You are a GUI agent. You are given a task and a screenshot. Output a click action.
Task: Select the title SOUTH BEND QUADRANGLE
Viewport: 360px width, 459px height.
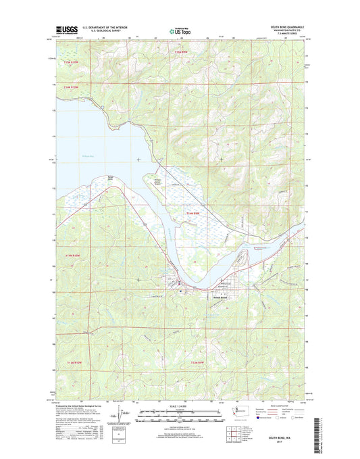tap(290, 27)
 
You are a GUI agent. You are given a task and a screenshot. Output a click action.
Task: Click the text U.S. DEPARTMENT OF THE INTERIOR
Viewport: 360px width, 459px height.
tap(105, 27)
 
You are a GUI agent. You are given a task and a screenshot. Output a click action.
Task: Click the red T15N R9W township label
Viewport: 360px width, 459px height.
tap(179, 51)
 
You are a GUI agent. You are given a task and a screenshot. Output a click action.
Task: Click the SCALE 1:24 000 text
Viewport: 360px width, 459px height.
tap(180, 406)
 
